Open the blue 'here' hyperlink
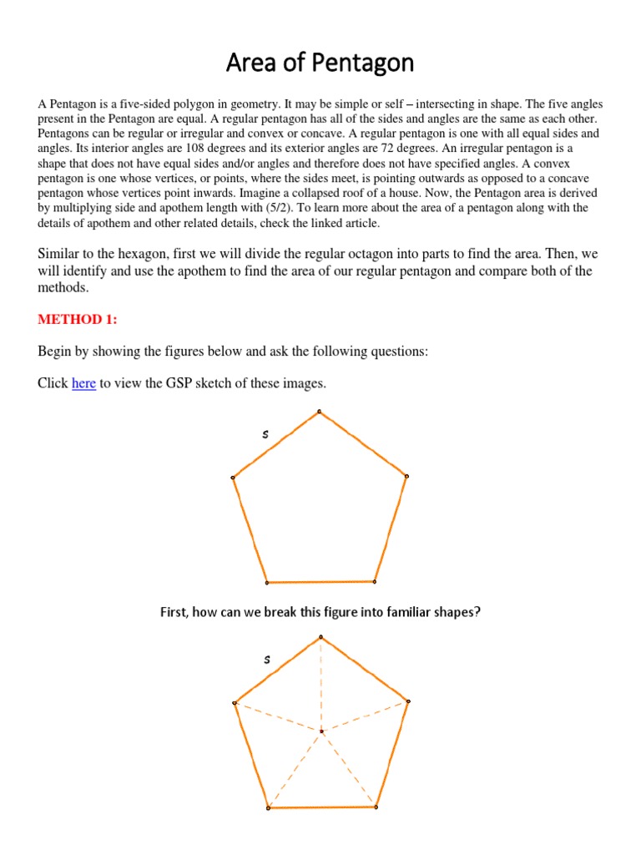pos(83,383)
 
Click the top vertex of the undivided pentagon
pos(320,411)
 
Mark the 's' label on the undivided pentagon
pos(265,433)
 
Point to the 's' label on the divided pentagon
pos(267,660)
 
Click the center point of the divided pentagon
pos(321,732)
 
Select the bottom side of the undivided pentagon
pos(320,582)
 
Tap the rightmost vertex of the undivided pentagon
pos(406,476)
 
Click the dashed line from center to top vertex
pos(320,685)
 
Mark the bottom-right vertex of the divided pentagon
pos(376,807)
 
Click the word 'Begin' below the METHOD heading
pos(56,352)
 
